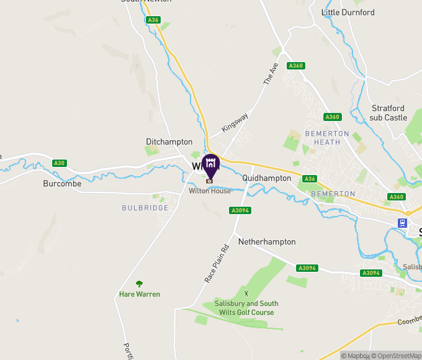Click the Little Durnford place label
pyautogui.click(x=348, y=12)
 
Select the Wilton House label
pyautogui.click(x=210, y=191)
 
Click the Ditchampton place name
pyautogui.click(x=169, y=142)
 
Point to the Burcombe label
pyautogui.click(x=62, y=184)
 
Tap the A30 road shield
pyautogui.click(x=59, y=163)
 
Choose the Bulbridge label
pyautogui.click(x=145, y=208)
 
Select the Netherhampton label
pyautogui.click(x=267, y=241)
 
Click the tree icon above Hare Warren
pyautogui.click(x=139, y=284)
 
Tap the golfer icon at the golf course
pyautogui.click(x=246, y=292)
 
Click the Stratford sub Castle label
pyautogui.click(x=389, y=113)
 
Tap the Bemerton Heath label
pyautogui.click(x=327, y=138)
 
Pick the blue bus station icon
pyautogui.click(x=403, y=223)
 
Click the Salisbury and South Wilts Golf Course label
pyautogui.click(x=246, y=308)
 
